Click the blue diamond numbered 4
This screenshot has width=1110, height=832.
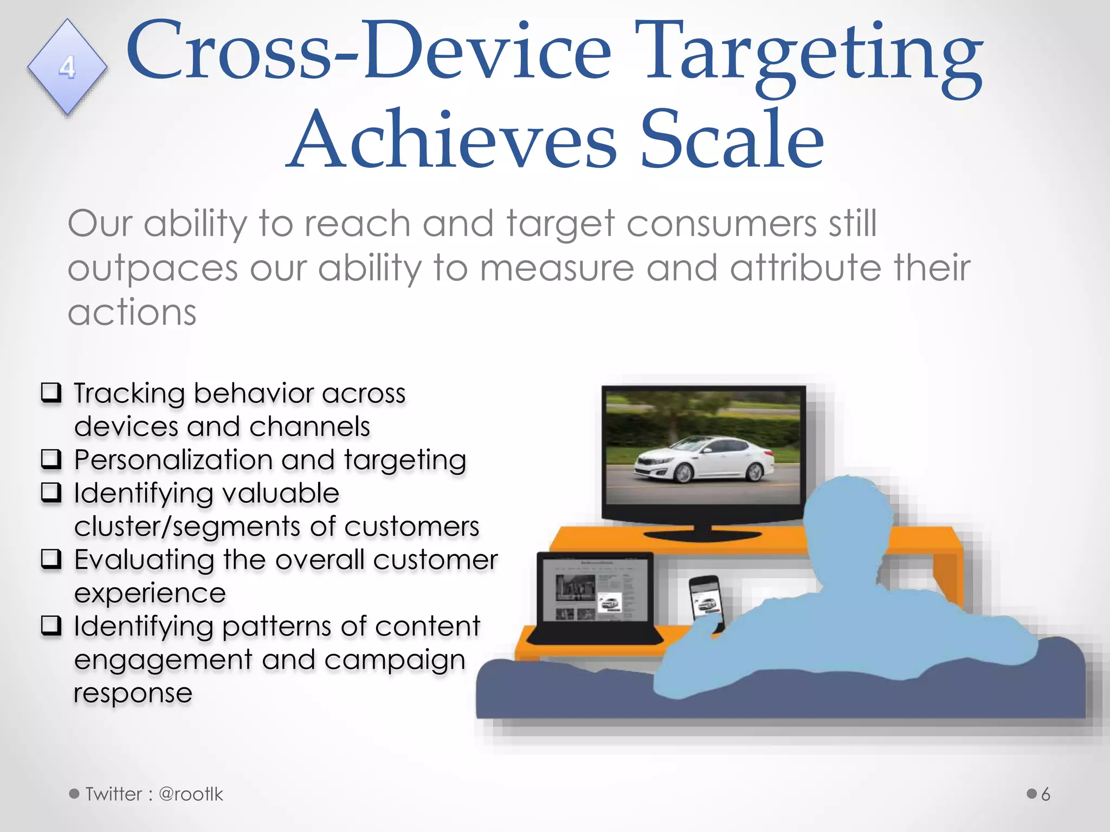point(67,67)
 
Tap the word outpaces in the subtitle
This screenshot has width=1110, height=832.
point(153,269)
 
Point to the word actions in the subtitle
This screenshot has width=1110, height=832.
point(132,313)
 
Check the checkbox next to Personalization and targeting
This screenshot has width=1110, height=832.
point(51,459)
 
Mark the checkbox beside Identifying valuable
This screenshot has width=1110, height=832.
point(51,492)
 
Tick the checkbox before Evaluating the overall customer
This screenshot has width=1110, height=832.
point(51,558)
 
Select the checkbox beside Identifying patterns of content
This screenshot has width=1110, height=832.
point(51,625)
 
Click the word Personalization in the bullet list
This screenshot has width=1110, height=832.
point(173,460)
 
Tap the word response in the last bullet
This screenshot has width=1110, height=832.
point(133,693)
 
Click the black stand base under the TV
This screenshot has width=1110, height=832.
point(703,535)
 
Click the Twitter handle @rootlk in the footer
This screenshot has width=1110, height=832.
point(191,794)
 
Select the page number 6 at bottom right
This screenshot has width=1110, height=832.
point(1046,794)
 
